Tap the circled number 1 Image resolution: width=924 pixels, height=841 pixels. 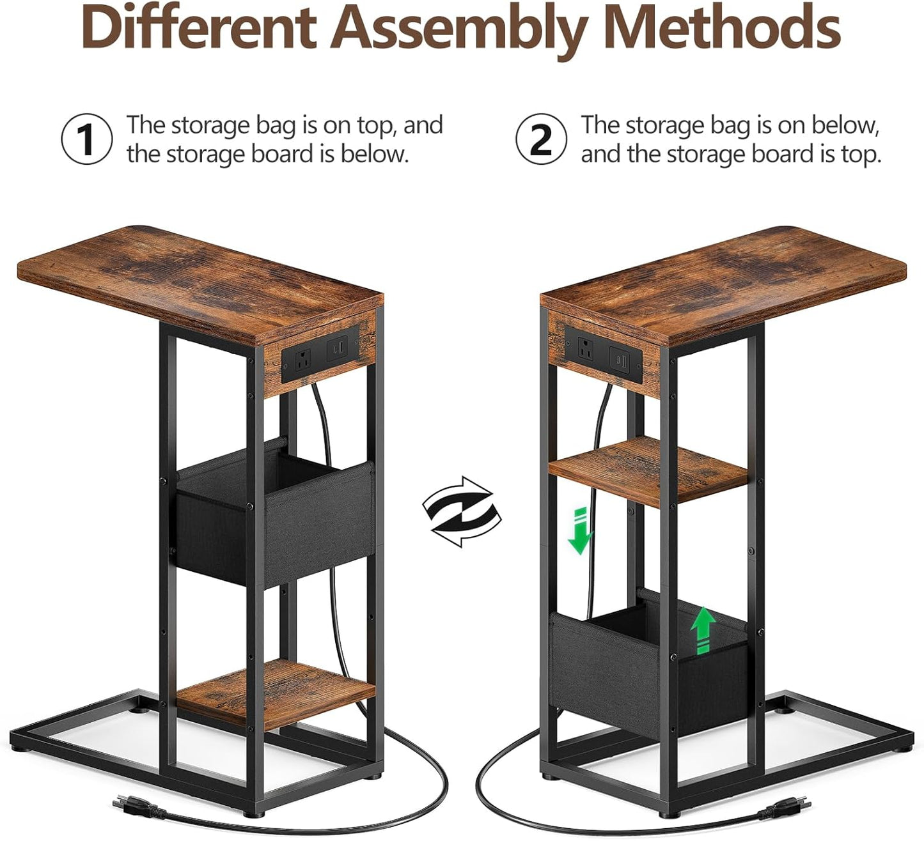click(x=86, y=139)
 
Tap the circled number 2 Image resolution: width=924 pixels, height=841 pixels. click(x=541, y=139)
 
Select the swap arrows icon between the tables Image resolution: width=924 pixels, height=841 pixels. click(x=462, y=512)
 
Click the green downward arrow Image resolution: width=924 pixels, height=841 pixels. click(x=580, y=530)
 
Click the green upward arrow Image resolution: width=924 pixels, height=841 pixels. click(x=704, y=629)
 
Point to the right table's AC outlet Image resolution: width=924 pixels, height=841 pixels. click(x=584, y=349)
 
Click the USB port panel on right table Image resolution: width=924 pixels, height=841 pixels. click(x=618, y=359)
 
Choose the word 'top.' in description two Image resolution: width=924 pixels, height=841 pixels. click(x=861, y=155)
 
